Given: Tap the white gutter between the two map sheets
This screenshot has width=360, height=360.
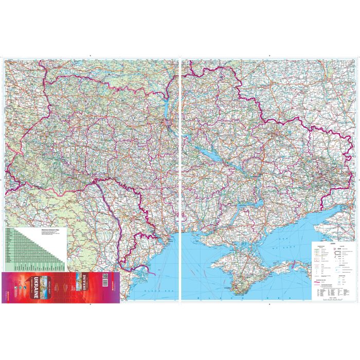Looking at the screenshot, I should (x=179, y=180).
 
